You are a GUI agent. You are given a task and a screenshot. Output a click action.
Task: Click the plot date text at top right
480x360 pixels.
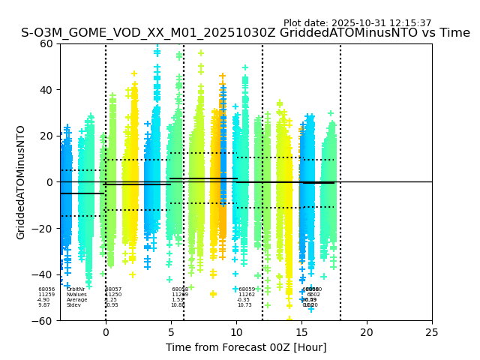(x=357, y=23)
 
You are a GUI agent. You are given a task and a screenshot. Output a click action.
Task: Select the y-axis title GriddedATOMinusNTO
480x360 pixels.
(x=21, y=182)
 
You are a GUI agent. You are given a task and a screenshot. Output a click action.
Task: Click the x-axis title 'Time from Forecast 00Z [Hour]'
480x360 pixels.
(x=246, y=347)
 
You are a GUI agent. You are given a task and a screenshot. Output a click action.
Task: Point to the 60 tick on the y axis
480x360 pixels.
(x=46, y=43)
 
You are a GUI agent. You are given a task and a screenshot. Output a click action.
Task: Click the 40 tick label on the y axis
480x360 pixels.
(x=46, y=90)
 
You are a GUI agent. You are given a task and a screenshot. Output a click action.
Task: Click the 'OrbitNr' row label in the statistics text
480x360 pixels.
(x=76, y=289)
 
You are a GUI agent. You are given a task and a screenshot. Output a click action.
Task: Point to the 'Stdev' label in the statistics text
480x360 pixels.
(x=73, y=305)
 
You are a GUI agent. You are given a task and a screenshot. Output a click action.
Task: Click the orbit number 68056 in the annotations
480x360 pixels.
(x=46, y=289)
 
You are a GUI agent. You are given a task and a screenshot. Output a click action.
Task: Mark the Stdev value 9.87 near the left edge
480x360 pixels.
(x=44, y=305)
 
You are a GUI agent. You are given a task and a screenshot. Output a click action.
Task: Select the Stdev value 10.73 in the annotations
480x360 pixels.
(x=244, y=305)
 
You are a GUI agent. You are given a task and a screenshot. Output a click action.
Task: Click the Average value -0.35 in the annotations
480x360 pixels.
(x=244, y=300)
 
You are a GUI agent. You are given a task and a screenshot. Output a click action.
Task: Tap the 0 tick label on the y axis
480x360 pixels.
(x=50, y=182)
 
